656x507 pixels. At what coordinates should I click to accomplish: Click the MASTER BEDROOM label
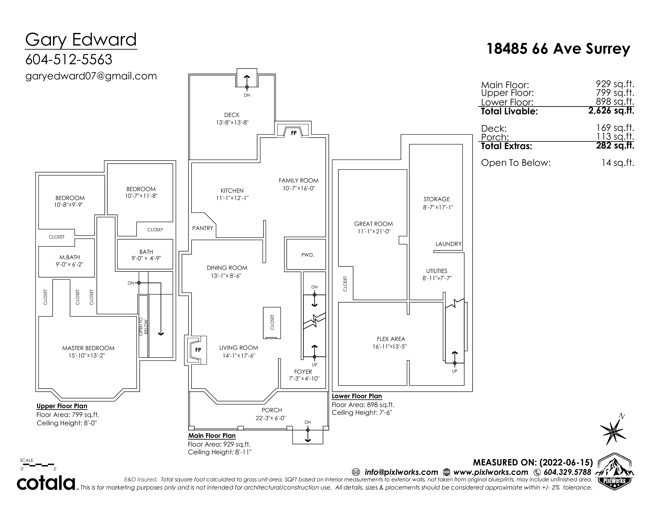coord(88,348)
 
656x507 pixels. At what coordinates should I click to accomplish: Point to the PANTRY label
coord(203,228)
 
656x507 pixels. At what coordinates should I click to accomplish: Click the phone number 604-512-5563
coord(69,59)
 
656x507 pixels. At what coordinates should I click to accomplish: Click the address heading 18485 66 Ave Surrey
coord(558,49)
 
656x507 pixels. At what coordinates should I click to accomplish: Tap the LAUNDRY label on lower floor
coord(448,244)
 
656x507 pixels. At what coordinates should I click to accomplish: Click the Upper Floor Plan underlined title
coord(62,406)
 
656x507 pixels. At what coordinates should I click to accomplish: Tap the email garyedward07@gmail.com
coord(91,76)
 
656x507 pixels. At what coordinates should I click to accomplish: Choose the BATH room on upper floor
coord(145,254)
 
